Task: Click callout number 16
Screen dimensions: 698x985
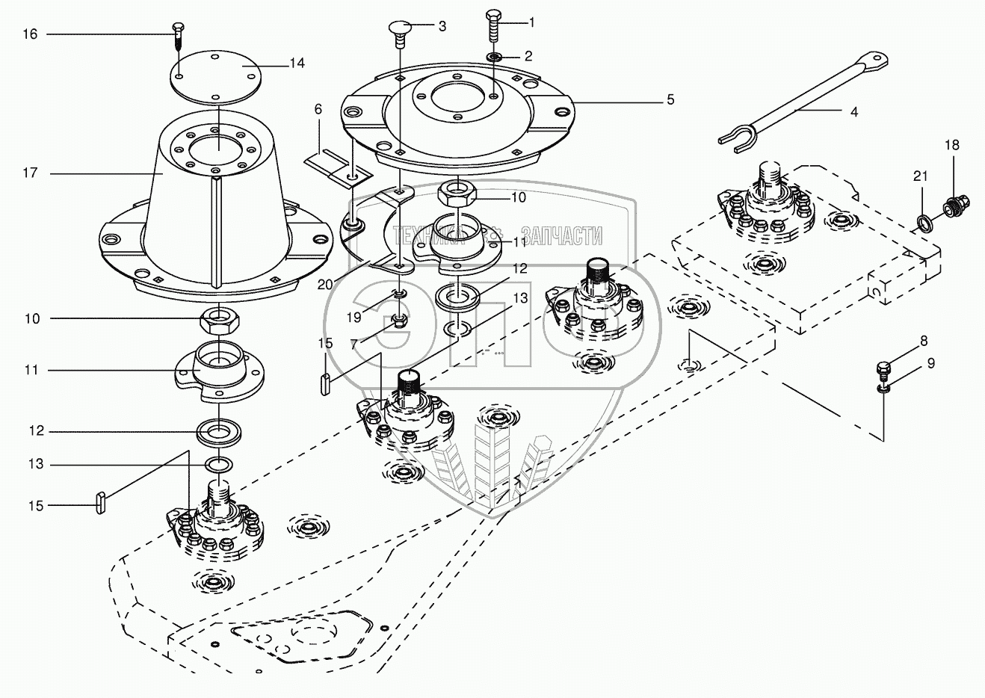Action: coord(30,34)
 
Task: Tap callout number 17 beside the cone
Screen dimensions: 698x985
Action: coord(30,173)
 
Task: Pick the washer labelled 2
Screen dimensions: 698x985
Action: coord(495,57)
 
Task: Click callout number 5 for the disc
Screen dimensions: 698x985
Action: coord(670,99)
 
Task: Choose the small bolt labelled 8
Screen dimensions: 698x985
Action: coord(884,369)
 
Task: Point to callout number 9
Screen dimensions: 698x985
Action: coord(930,364)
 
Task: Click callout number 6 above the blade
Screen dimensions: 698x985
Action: coord(318,109)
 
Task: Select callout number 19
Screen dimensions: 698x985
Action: coord(353,317)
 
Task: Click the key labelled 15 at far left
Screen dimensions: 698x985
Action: coord(99,503)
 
